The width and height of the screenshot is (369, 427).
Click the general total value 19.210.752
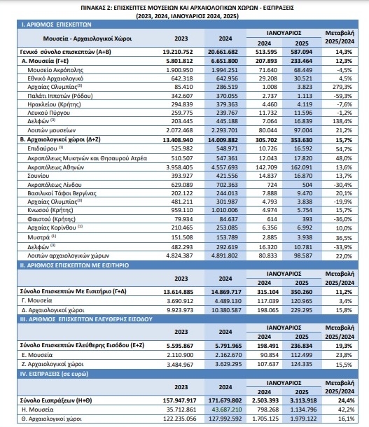[178, 52]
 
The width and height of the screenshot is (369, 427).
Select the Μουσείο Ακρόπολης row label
[55, 70]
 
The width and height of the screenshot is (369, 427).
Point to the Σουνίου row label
[38, 176]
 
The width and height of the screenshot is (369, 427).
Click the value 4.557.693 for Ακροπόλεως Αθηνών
[225, 167]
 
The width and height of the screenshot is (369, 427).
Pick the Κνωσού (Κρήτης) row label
[50, 210]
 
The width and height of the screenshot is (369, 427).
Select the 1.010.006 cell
[225, 210]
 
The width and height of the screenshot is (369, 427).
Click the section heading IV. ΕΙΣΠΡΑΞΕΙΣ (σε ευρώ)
[54, 374]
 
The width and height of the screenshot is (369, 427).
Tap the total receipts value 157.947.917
[179, 400]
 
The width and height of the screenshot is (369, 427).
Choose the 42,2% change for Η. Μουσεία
[344, 409]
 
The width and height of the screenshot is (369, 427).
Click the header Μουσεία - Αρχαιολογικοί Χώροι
[88, 38]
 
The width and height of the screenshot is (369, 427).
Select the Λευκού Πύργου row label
[49, 113]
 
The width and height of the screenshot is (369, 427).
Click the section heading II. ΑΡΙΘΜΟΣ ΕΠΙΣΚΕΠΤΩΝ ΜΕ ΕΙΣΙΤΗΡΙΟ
[74, 265]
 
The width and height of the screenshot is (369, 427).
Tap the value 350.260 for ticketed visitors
[302, 292]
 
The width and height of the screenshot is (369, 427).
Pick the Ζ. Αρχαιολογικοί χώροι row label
[53, 365]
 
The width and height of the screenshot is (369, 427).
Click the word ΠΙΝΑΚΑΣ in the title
[93, 8]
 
